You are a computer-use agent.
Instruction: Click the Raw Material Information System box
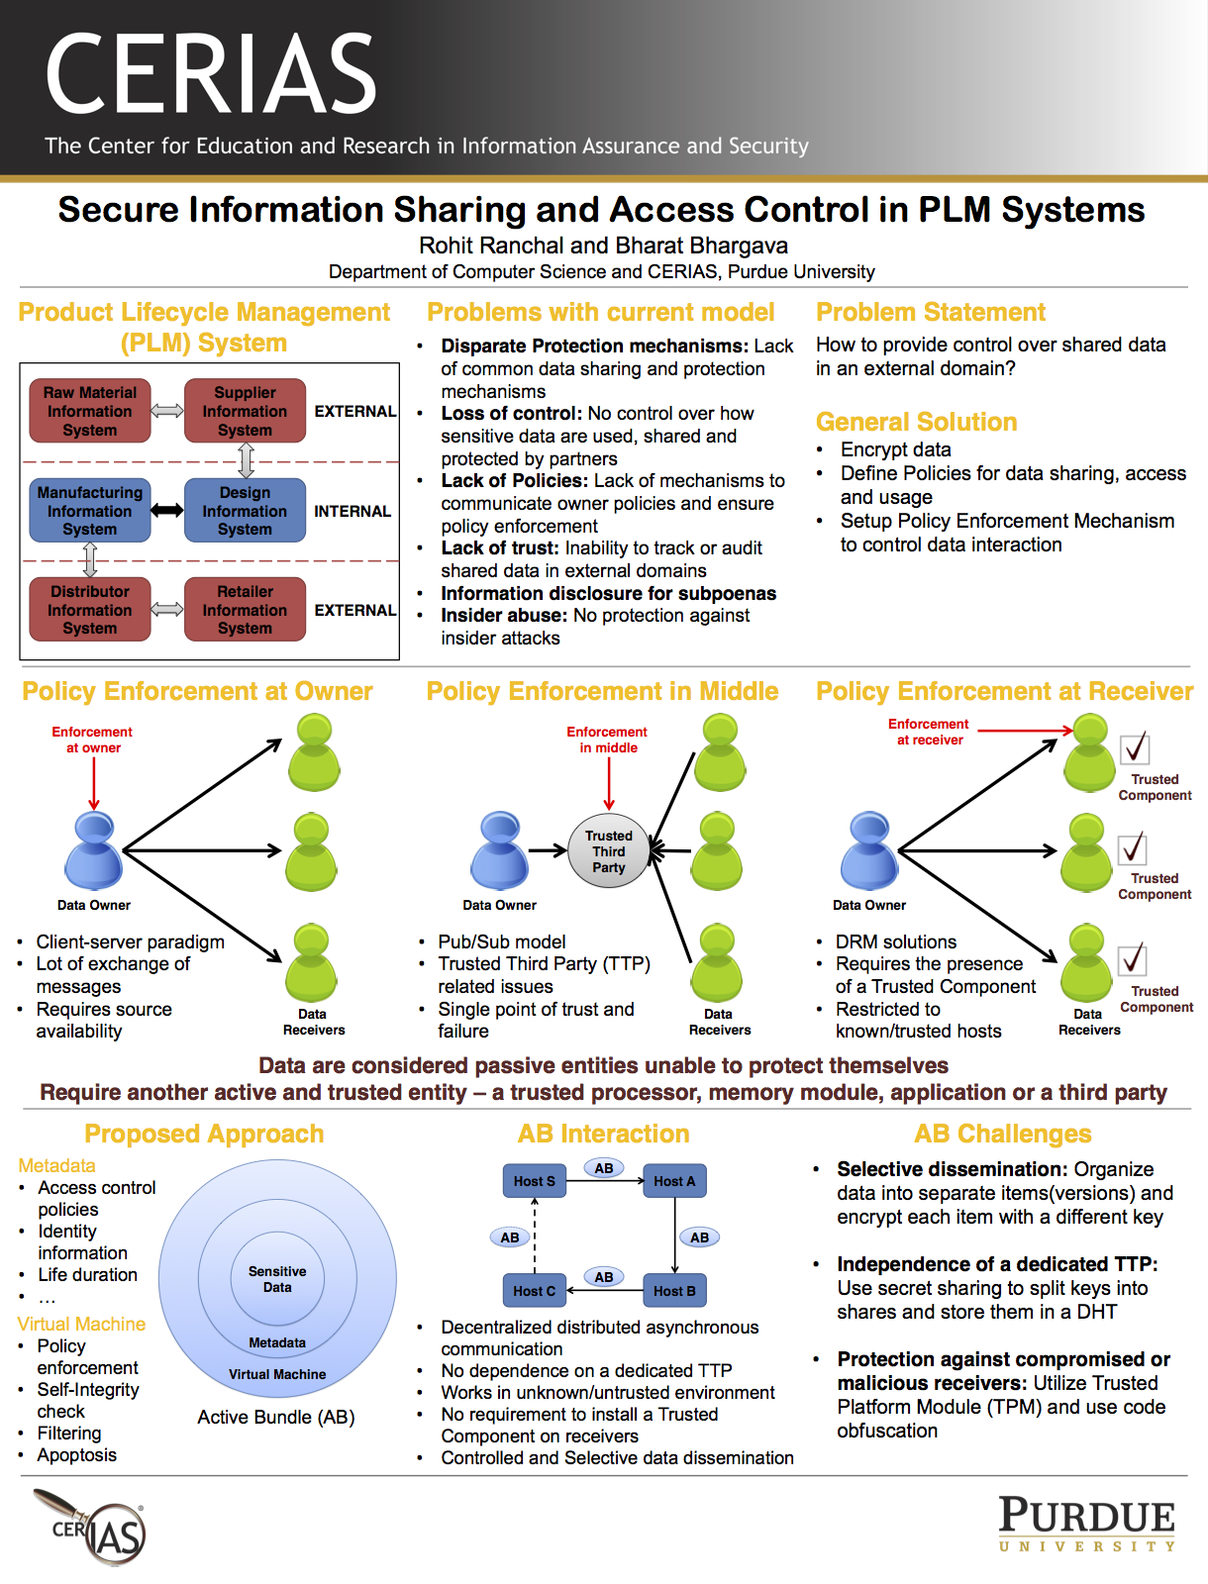[x=90, y=411]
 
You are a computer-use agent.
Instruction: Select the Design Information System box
[x=245, y=511]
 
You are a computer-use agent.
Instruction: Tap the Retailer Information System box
[x=245, y=610]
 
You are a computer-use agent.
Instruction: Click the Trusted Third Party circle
[x=608, y=851]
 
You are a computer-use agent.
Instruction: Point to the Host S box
[x=535, y=1181]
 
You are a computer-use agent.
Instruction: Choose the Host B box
[x=674, y=1291]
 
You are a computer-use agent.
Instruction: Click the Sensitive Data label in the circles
[x=277, y=1279]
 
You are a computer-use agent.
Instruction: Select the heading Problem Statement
[x=931, y=313]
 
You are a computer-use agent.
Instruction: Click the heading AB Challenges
[x=1002, y=1135]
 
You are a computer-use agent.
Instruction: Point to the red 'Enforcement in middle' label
[x=607, y=740]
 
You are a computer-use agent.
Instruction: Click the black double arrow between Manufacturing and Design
[x=167, y=510]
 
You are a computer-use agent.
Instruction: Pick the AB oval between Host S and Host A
[x=604, y=1168]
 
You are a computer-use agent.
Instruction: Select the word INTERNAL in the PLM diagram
[x=352, y=512]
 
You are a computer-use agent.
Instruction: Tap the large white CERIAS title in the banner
[x=211, y=74]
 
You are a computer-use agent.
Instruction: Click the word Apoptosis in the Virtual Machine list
[x=76, y=1455]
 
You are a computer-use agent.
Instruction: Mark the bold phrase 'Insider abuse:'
[x=504, y=616]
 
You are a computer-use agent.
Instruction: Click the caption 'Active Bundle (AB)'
[x=276, y=1418]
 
